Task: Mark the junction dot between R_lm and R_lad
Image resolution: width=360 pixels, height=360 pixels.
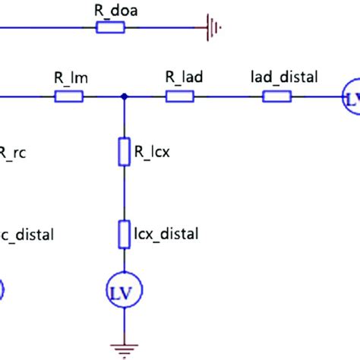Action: point(125,96)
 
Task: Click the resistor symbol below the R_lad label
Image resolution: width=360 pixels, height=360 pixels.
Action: point(181,96)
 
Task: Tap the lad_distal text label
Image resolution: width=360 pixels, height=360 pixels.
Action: point(283,77)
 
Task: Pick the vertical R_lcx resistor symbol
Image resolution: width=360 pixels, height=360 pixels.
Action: point(125,151)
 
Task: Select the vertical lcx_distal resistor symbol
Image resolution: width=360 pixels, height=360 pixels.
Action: point(125,234)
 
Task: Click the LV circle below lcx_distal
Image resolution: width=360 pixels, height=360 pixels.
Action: point(124,289)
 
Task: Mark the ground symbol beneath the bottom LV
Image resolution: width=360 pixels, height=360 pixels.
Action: point(124,349)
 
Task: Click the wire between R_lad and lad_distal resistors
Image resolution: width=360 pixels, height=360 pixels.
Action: point(228,96)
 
